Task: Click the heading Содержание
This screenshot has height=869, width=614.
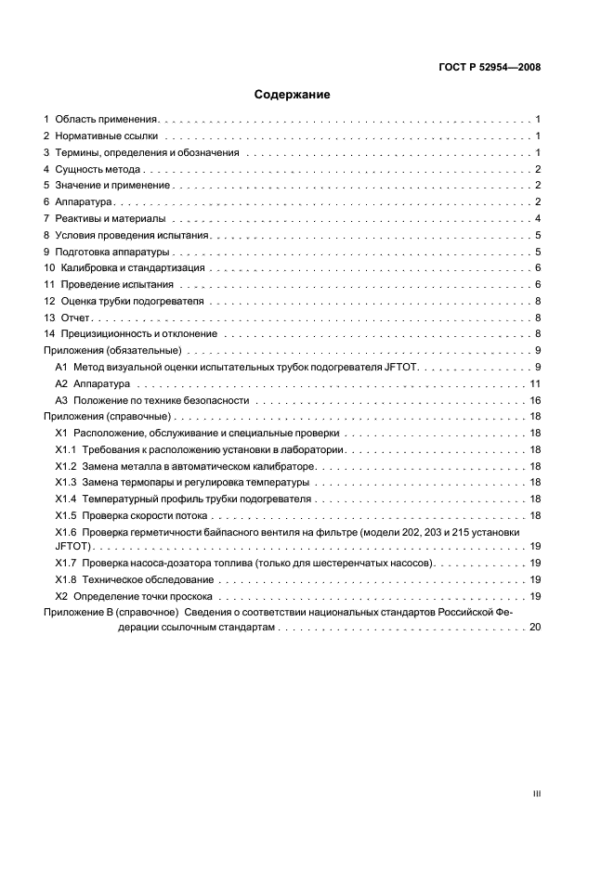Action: click(x=293, y=94)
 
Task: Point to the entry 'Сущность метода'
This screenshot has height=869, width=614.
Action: click(x=98, y=170)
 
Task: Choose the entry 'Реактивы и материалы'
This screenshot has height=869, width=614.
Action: click(x=110, y=218)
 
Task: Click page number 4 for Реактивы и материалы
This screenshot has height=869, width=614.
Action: click(x=538, y=218)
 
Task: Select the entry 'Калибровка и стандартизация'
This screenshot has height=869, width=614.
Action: click(x=124, y=267)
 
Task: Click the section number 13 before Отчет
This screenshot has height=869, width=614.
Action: click(x=50, y=318)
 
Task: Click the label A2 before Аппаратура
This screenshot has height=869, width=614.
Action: click(x=62, y=383)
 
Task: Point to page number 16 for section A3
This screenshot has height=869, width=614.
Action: click(x=535, y=400)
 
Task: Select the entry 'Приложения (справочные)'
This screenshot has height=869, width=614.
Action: click(x=106, y=417)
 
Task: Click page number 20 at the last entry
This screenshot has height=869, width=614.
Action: click(x=534, y=629)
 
